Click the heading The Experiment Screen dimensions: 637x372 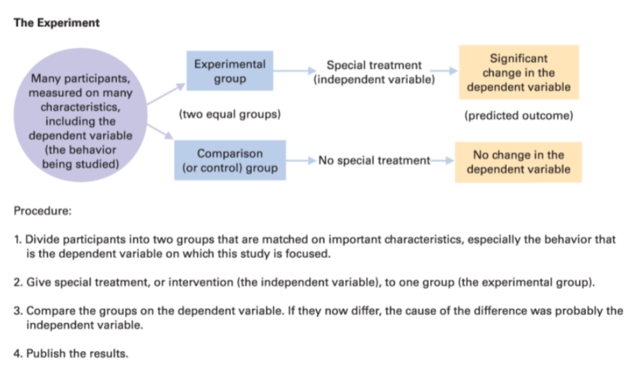[x=56, y=23]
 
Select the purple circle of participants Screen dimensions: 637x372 [x=80, y=116]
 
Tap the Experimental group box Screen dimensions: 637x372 [x=230, y=70]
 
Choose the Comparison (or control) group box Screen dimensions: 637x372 [x=230, y=160]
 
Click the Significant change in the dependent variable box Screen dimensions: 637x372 [x=519, y=72]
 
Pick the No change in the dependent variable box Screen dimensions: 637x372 [x=518, y=162]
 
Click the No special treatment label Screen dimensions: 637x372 [x=374, y=161]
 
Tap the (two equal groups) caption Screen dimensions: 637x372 [x=230, y=114]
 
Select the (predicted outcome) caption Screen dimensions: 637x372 [x=519, y=116]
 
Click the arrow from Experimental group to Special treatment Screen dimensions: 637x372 [x=294, y=71]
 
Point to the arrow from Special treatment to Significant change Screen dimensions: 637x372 [x=444, y=71]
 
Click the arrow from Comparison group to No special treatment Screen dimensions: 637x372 [x=301, y=161]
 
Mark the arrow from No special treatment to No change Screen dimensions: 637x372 [x=442, y=161]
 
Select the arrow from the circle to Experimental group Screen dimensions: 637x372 [x=166, y=94]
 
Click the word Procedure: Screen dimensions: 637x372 [x=43, y=211]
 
